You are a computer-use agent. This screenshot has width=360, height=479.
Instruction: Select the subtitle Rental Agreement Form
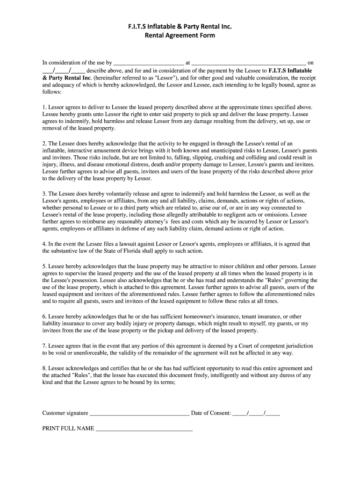click(180, 35)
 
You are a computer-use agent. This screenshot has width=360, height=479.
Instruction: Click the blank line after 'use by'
click(149, 62)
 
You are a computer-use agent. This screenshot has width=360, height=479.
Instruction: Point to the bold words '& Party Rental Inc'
click(67, 78)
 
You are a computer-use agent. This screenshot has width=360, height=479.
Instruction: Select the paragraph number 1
click(44, 107)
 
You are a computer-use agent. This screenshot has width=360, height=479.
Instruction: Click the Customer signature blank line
click(139, 414)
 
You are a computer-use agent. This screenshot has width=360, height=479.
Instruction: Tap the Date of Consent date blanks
click(256, 414)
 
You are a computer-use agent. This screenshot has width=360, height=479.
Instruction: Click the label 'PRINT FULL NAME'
click(68, 428)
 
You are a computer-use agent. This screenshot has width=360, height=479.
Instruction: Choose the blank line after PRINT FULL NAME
click(144, 429)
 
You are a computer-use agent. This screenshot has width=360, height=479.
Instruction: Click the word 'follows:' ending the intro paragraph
click(52, 92)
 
